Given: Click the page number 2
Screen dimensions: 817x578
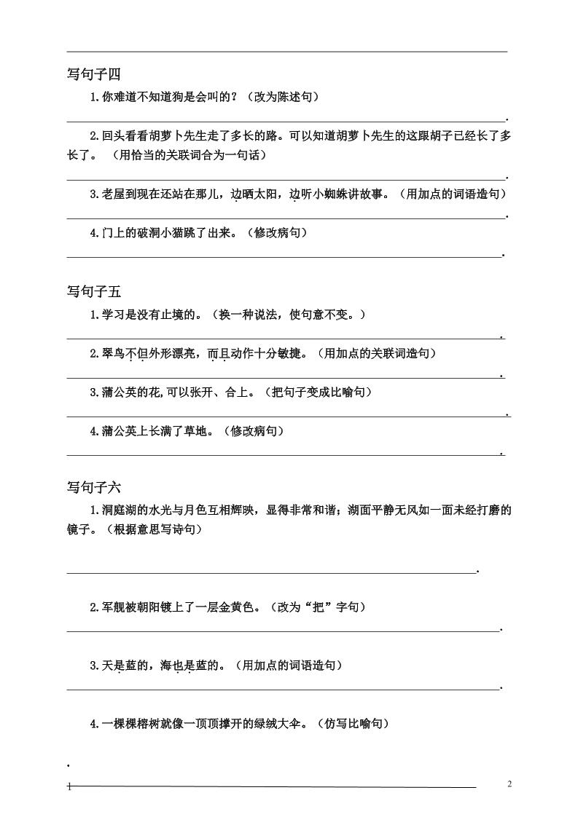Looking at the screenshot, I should (x=509, y=784).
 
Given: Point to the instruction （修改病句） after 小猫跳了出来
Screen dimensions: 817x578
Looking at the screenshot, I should (x=277, y=233).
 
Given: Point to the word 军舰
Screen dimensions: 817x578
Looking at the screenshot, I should (x=114, y=607).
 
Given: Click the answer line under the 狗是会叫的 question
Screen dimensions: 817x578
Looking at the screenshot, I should (x=286, y=120).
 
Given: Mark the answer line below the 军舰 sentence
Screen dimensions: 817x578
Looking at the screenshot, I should (x=284, y=631).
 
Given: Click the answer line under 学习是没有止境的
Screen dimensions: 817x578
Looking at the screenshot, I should (x=284, y=339).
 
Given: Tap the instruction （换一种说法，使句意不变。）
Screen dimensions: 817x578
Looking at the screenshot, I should (x=285, y=315).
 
